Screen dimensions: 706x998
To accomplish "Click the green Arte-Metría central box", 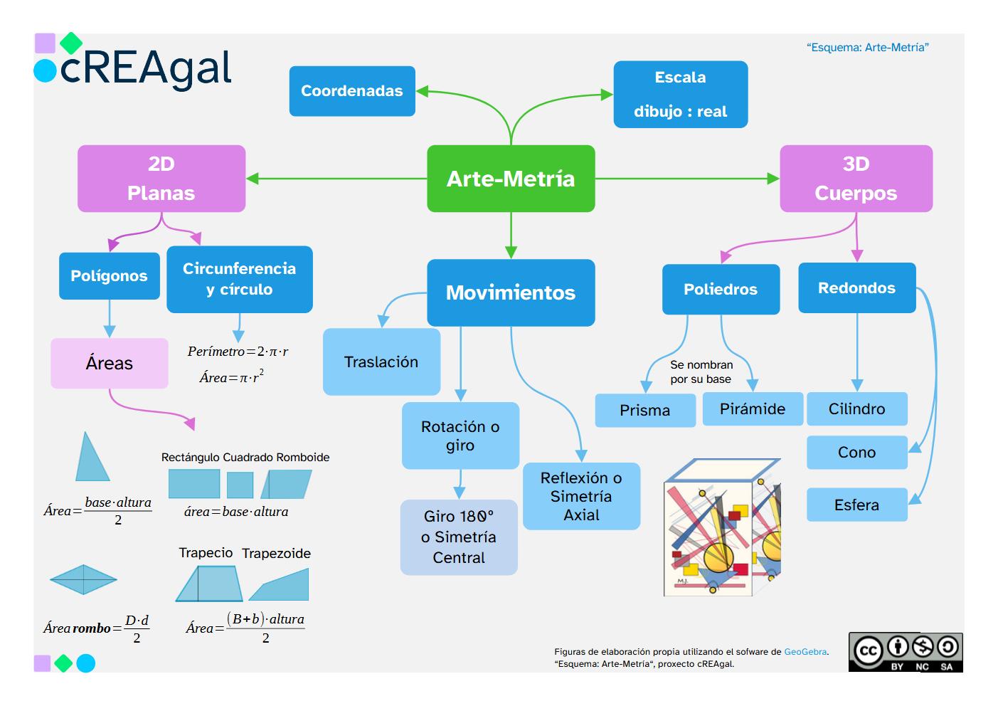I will [x=511, y=179].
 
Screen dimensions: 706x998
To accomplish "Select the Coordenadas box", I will [x=351, y=91].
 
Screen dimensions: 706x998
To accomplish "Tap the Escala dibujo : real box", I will [x=680, y=95].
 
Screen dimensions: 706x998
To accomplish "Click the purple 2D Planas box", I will [x=161, y=179].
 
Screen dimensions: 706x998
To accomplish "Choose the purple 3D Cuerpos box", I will [x=856, y=179].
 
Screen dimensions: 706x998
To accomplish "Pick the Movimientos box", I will [x=511, y=293].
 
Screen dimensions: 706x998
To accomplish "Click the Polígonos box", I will [x=109, y=276].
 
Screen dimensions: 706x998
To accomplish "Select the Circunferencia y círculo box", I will [x=239, y=279].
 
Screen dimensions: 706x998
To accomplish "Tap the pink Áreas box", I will [x=110, y=363].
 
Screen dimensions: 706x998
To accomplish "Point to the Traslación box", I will [x=381, y=362].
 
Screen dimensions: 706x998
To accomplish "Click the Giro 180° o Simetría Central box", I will [x=459, y=537].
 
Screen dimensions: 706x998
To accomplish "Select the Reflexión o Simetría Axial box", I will [x=581, y=496].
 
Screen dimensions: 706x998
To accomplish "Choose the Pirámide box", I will [x=753, y=409].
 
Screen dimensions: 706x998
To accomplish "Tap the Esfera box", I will [x=856, y=505].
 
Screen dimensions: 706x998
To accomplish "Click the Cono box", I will [x=856, y=453].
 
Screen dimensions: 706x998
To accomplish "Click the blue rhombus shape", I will [x=83, y=579].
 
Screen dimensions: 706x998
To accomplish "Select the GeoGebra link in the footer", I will [x=805, y=652].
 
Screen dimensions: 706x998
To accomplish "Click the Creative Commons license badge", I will [x=905, y=652].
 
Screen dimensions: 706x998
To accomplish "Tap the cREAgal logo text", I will [x=146, y=68].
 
